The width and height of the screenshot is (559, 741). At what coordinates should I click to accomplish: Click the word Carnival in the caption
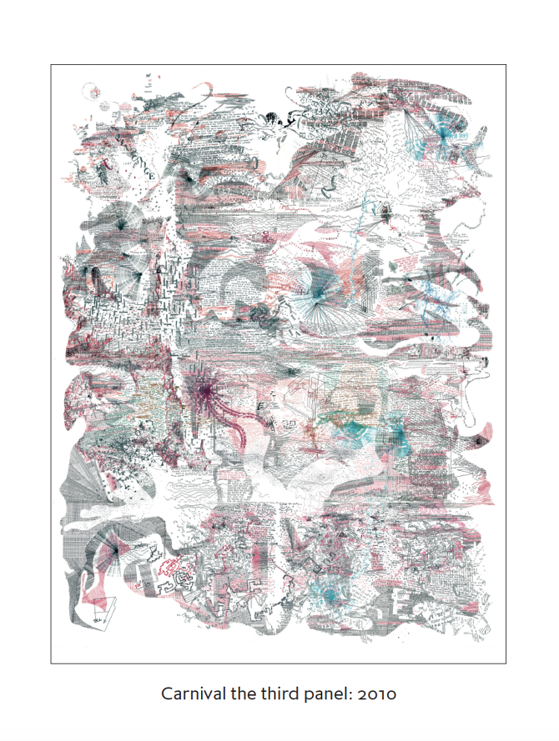191,694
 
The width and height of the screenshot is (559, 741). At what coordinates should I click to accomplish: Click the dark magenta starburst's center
204,388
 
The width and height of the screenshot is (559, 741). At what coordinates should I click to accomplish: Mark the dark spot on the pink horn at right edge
478,439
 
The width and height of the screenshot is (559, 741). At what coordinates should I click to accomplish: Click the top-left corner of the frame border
51,65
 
